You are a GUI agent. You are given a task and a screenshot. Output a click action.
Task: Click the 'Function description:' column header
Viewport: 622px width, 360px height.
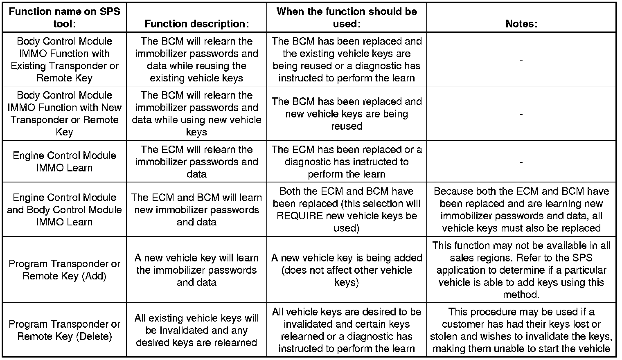[197, 24]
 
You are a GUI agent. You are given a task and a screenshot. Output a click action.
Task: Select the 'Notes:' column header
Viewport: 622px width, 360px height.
[521, 24]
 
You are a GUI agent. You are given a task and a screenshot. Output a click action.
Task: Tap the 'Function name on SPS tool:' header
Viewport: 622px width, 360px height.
[65, 18]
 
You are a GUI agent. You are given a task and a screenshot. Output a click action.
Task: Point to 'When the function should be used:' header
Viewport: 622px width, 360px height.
[347, 18]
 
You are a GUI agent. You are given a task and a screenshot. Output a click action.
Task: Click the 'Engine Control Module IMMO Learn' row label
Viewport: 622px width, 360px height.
[65, 162]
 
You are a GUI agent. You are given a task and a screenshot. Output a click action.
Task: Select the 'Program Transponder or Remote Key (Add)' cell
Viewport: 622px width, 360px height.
[65, 270]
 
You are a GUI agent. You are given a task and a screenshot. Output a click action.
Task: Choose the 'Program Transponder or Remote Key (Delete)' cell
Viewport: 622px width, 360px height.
[65, 330]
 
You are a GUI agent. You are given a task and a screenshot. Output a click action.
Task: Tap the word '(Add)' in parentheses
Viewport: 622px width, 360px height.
[94, 276]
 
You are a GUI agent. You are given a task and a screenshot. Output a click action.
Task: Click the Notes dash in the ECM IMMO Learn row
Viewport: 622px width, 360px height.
[521, 162]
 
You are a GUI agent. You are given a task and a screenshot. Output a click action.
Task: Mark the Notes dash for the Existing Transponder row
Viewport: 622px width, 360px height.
[521, 60]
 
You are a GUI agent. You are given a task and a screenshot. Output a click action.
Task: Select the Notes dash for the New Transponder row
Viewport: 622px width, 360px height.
[521, 114]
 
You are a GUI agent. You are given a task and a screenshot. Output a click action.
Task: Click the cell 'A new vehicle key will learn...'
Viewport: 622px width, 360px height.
[197, 270]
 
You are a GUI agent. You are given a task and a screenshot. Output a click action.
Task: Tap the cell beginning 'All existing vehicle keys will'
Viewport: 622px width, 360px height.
[197, 330]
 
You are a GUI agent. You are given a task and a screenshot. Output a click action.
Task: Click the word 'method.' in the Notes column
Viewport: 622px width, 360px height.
[521, 295]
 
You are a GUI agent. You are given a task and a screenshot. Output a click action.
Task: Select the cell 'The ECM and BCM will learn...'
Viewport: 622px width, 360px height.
[197, 209]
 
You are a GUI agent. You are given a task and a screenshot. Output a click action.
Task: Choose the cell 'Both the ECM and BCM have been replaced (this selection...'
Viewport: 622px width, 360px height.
[347, 209]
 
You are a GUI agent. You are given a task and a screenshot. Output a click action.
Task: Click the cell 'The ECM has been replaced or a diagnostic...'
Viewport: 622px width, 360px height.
[347, 162]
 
